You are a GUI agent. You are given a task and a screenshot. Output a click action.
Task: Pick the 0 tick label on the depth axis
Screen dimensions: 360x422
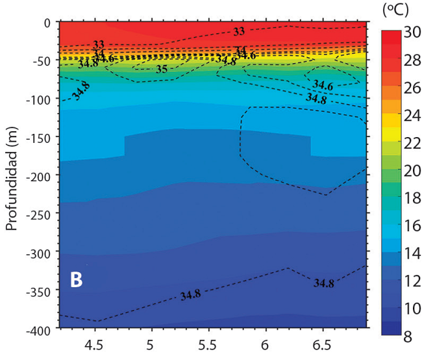[x=47, y=23]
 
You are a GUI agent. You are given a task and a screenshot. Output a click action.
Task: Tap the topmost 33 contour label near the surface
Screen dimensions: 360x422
[x=239, y=31]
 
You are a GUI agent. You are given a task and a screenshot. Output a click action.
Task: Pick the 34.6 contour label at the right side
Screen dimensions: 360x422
[x=323, y=85]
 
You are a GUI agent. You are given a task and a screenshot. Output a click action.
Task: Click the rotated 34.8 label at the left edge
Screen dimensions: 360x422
[x=82, y=91]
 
